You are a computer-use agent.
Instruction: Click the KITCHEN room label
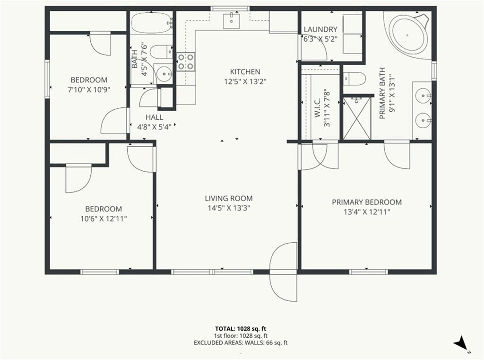point(245,72)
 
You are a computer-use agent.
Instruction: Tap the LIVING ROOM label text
point(229,198)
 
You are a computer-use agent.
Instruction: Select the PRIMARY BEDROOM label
point(367,202)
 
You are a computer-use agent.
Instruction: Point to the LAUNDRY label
point(320,29)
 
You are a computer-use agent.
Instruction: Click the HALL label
point(155,117)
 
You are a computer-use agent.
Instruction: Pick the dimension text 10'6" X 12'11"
point(104,219)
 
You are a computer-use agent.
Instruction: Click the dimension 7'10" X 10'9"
point(89,90)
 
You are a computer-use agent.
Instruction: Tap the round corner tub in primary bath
point(407,35)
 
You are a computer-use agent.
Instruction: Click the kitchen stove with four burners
point(186,62)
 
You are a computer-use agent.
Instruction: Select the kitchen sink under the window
point(231,20)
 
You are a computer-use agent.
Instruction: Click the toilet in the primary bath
point(354,79)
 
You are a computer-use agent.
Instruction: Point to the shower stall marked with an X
point(357,118)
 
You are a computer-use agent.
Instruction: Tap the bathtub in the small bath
point(151,23)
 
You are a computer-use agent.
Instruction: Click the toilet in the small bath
point(163,52)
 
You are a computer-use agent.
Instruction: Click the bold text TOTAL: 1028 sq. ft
point(241,328)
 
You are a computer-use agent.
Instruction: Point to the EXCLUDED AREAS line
point(241,342)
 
